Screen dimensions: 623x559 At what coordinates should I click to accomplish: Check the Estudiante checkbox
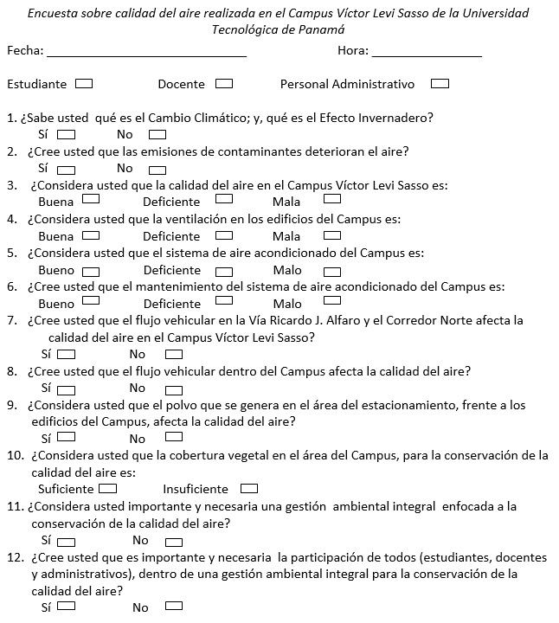84,84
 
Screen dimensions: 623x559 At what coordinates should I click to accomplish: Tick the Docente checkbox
223,84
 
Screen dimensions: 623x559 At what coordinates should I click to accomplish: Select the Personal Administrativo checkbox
440,84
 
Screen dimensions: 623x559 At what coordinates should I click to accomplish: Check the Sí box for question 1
66,134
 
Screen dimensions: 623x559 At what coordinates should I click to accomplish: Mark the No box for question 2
157,168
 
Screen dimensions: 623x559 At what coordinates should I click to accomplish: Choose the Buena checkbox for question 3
89,201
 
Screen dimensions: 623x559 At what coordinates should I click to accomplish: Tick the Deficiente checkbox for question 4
223,235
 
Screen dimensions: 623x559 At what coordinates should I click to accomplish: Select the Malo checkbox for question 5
332,269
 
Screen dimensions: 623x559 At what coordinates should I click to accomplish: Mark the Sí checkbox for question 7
66,353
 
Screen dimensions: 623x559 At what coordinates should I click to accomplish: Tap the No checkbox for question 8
174,388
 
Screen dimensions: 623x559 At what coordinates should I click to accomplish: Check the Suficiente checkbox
108,487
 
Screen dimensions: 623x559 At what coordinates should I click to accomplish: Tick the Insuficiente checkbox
249,487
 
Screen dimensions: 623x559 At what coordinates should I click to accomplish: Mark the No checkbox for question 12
174,606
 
